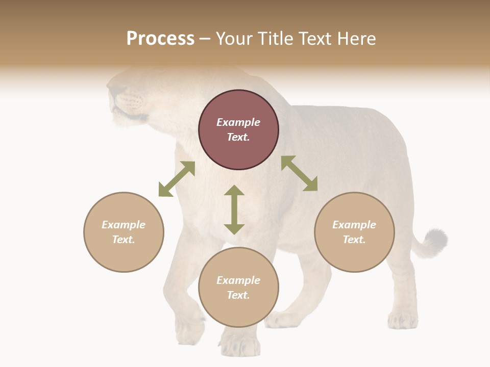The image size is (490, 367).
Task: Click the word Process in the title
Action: [x=160, y=39]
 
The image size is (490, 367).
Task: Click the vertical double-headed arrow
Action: [x=234, y=210]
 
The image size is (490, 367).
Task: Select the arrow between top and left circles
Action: [x=177, y=179]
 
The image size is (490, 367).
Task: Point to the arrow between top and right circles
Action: [x=299, y=173]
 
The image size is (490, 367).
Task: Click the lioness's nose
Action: [x=112, y=92]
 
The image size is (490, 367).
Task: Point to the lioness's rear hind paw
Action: [x=402, y=320]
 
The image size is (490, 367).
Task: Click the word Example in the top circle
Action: [x=238, y=122]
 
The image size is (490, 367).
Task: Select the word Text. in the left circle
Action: [x=124, y=240]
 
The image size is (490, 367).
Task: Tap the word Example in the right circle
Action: [x=354, y=225]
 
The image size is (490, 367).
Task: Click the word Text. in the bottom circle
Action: [x=238, y=295]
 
